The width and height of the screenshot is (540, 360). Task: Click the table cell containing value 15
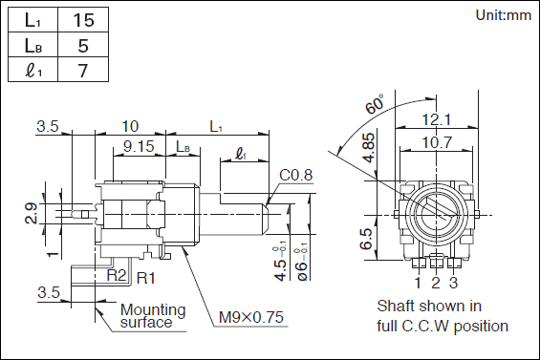tap(83, 20)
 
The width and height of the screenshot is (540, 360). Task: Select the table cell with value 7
tap(83, 70)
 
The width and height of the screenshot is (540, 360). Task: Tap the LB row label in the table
tap(33, 45)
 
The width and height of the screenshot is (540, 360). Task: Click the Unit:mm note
tap(503, 15)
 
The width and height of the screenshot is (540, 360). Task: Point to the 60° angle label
tap(375, 103)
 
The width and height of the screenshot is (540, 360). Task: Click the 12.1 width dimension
tap(437, 119)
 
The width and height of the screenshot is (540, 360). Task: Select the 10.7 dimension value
tap(437, 141)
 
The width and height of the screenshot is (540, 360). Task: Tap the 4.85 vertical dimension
tap(369, 148)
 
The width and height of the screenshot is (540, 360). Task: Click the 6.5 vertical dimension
tap(366, 239)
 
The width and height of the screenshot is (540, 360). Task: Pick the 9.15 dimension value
tap(139, 146)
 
